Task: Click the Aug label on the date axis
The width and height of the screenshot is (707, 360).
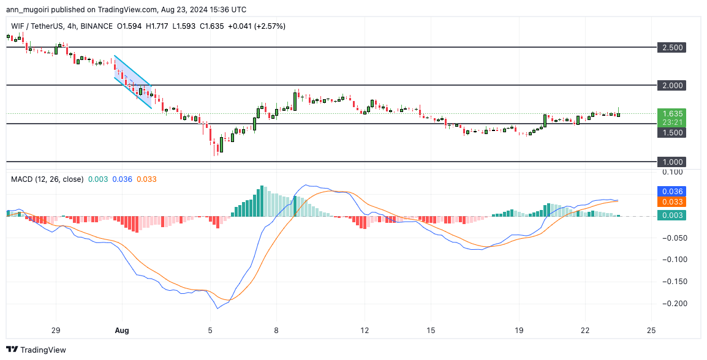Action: [122, 330]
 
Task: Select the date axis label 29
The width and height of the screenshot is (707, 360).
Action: [56, 330]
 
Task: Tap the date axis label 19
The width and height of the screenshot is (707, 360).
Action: [519, 330]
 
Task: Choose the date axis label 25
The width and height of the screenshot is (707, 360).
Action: [651, 330]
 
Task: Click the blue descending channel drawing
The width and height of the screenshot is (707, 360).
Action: [133, 82]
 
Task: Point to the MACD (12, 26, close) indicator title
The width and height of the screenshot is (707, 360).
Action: [47, 179]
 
